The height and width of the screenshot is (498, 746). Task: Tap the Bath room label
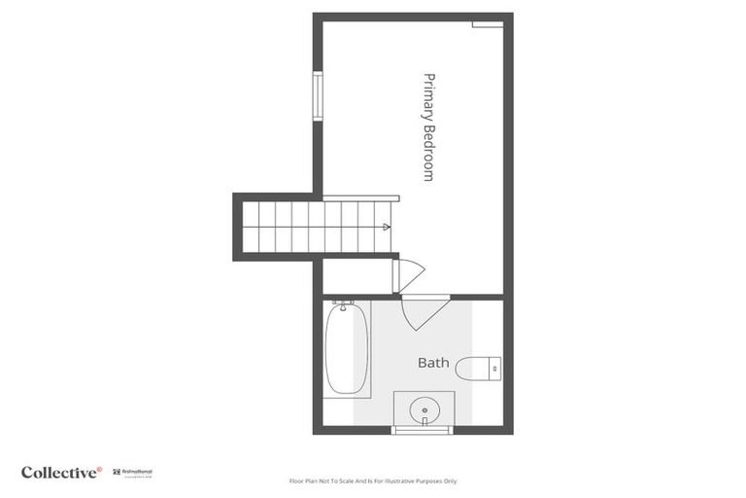433,363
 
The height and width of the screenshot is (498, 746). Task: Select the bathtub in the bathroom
347,347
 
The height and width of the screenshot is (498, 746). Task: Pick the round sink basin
423,410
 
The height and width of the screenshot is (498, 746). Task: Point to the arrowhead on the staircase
387,228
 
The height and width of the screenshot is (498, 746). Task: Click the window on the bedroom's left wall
317,96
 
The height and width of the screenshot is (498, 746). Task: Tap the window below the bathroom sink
422,429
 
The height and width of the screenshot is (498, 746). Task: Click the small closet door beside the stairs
407,275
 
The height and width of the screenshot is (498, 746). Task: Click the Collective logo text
60,472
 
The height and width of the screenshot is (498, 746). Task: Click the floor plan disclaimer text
373,480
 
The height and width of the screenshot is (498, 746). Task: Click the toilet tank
495,369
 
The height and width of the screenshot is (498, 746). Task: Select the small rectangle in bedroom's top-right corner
488,24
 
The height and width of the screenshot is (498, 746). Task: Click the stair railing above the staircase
359,197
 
